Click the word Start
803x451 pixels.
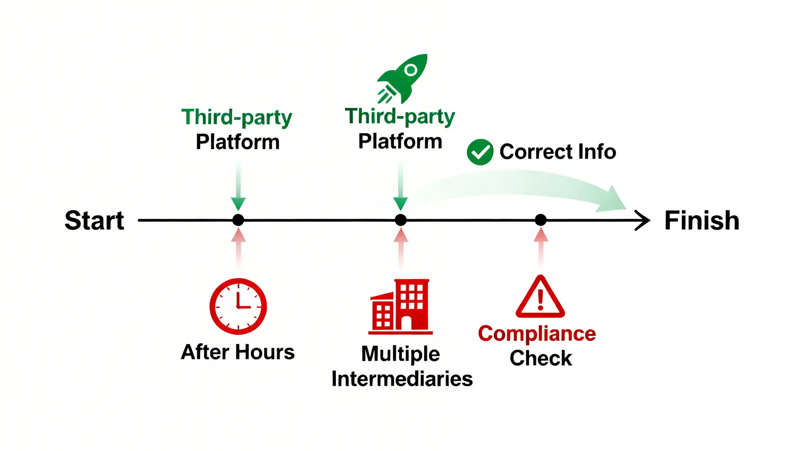[x=94, y=220]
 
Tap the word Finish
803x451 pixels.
[x=701, y=220]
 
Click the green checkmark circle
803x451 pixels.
[x=480, y=152]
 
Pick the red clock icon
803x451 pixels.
[x=238, y=306]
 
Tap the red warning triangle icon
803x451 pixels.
[x=540, y=297]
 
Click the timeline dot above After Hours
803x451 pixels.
[x=238, y=220]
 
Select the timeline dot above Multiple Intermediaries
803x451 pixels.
[x=401, y=220]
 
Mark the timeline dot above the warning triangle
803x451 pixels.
[x=541, y=220]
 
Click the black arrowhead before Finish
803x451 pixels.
[x=643, y=220]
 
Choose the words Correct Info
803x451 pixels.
[x=558, y=152]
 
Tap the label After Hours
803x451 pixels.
[x=238, y=352]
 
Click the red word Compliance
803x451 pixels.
[x=537, y=334]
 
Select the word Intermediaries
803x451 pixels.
[x=402, y=379]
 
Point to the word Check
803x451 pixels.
[x=541, y=358]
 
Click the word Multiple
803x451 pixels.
[x=401, y=354]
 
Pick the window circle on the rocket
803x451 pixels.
[x=411, y=70]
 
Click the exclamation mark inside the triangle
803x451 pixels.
[x=540, y=299]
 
